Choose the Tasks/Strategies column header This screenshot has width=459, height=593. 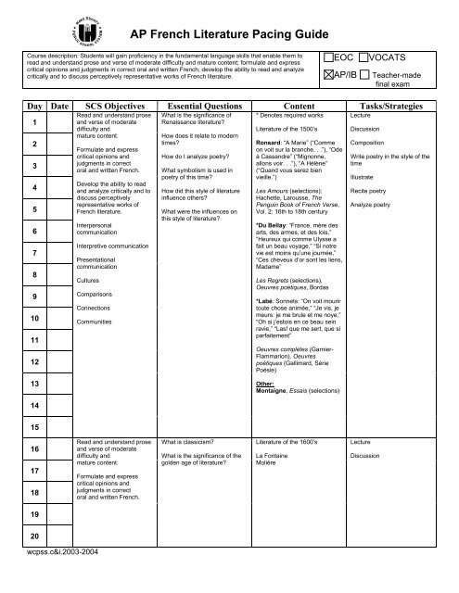(398, 107)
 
